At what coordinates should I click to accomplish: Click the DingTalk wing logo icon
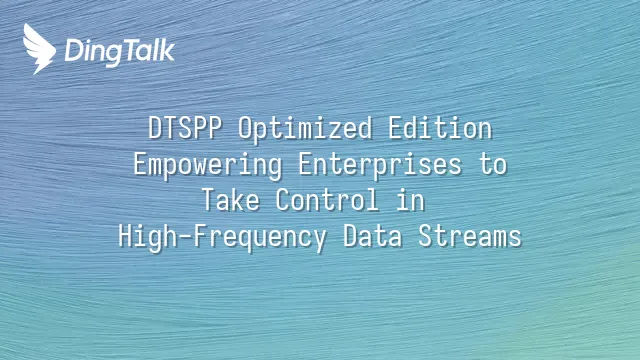[x=39, y=49]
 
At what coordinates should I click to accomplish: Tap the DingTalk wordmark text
[x=120, y=52]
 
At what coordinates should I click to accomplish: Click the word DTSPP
[x=185, y=128]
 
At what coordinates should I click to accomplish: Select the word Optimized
[x=305, y=129]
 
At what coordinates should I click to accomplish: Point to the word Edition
[x=440, y=128]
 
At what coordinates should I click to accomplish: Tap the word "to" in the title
[x=493, y=165]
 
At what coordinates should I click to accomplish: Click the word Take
[x=231, y=200]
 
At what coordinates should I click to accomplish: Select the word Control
[x=327, y=200]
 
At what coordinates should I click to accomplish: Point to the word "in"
[x=410, y=200]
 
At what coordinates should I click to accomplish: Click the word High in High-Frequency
[x=148, y=237]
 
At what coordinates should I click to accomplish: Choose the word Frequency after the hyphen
[x=260, y=237]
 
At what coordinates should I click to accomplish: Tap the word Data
[x=373, y=236]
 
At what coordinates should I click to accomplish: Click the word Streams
[x=470, y=236]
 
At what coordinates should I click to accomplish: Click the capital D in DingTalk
[x=73, y=51]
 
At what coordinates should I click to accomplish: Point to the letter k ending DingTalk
[x=167, y=50]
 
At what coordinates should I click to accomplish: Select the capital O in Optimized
[x=246, y=128]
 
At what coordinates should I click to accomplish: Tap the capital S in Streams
[x=426, y=236]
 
